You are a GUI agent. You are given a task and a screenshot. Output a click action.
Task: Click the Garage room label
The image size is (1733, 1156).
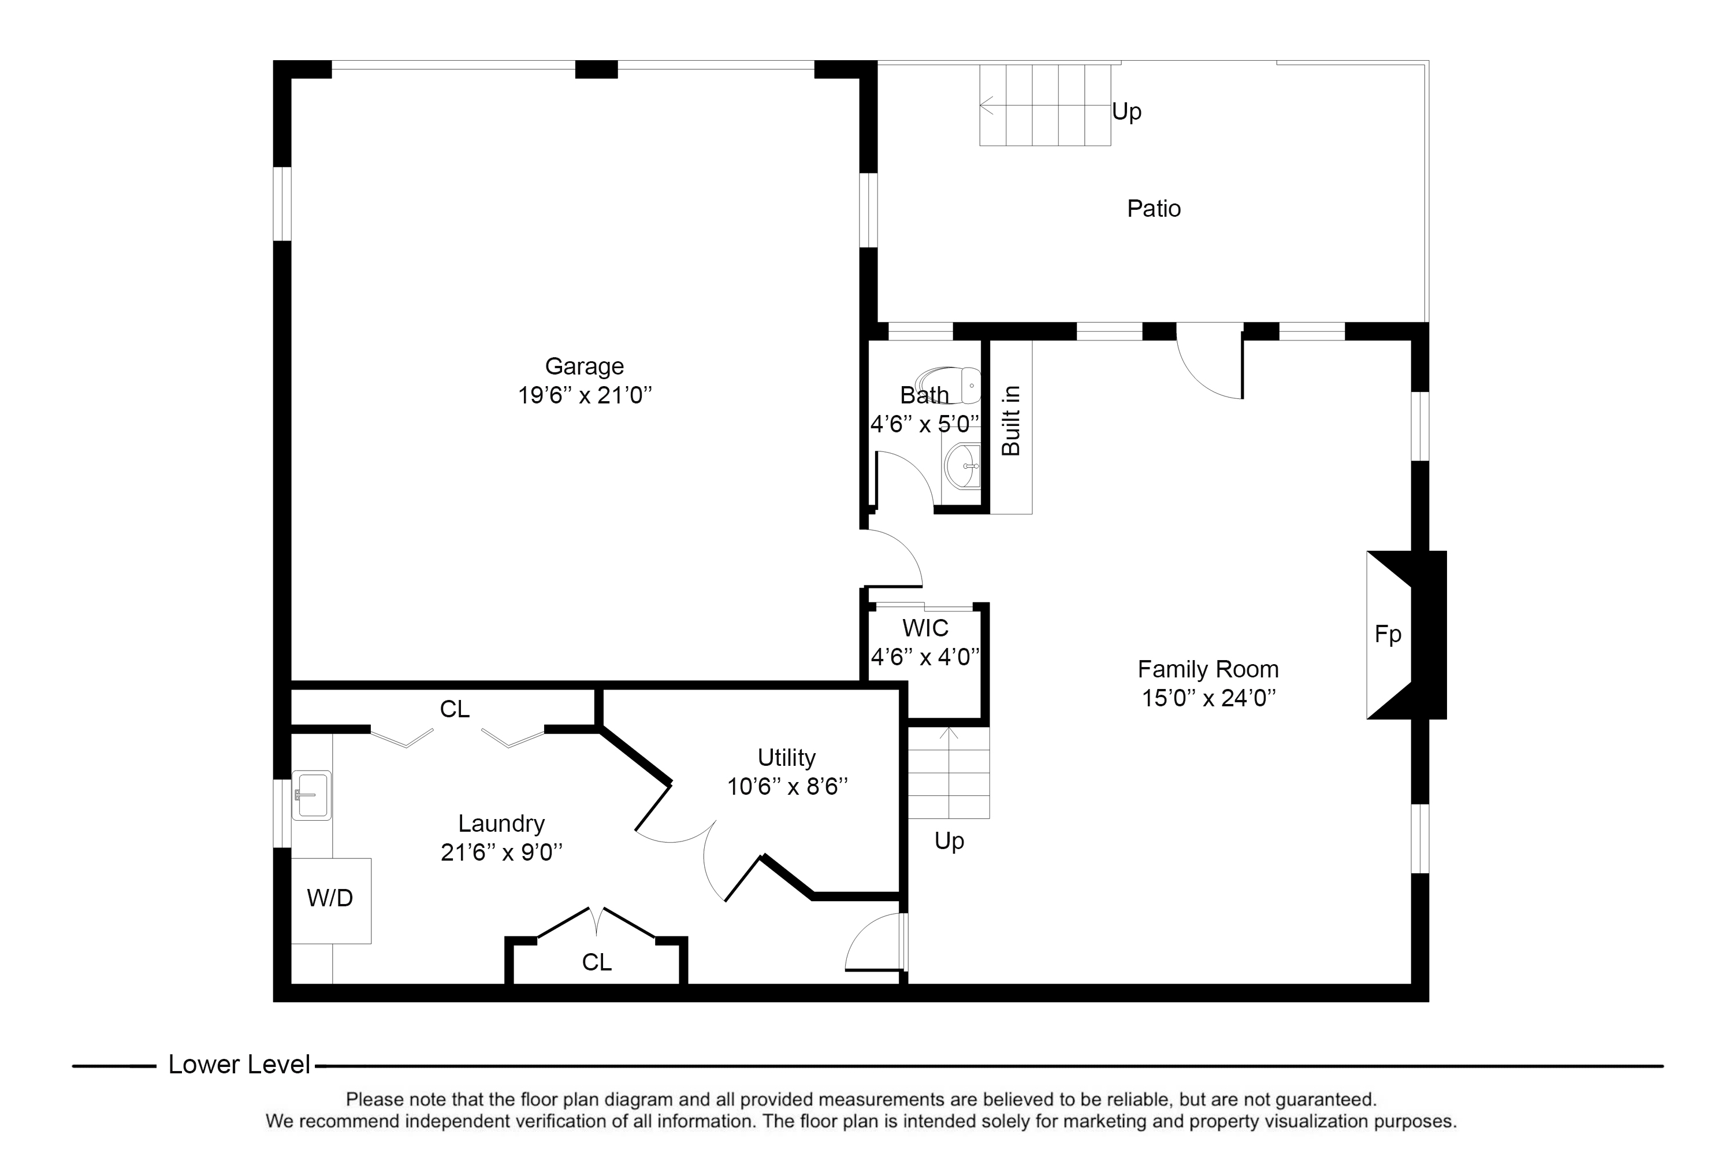pos(584,366)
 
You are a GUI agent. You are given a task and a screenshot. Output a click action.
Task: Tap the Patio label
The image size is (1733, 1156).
pos(1154,209)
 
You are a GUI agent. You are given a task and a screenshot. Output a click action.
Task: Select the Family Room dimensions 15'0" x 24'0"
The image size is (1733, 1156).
pos(1208,698)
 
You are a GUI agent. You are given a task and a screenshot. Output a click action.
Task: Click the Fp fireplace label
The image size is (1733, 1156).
pos(1388,634)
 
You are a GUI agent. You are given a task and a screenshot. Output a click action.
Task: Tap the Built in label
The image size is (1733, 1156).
pos(1011,421)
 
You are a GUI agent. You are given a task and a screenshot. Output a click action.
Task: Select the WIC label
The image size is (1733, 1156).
pos(925,628)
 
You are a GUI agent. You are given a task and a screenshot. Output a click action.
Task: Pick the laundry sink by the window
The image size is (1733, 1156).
pos(312,795)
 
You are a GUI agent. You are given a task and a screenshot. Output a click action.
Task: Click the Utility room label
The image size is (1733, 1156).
pos(787,758)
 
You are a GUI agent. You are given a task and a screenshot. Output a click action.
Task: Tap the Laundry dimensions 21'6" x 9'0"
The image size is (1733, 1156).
pos(502,852)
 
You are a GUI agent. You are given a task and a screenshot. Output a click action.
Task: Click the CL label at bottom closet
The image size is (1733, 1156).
pos(597,962)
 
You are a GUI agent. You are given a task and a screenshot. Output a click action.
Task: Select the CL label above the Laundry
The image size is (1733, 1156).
pos(455,709)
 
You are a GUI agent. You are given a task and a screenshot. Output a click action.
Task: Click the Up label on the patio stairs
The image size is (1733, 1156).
pos(1126,112)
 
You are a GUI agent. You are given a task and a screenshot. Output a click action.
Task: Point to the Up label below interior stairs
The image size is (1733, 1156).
pos(949,841)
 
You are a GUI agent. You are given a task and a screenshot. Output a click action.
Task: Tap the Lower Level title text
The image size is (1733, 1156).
pos(240,1065)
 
